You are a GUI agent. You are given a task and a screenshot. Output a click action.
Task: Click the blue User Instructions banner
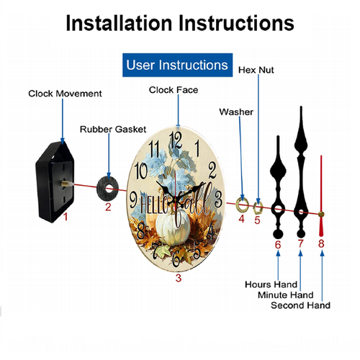pos(177,65)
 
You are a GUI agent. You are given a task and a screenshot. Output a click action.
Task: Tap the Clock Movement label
pos(65,94)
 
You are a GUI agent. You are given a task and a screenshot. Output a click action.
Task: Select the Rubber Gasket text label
pos(113,130)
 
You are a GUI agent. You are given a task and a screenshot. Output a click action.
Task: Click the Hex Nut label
pos(256,70)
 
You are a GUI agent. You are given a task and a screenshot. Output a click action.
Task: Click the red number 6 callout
pos(278,245)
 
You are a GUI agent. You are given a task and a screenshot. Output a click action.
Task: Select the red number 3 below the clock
pos(179,278)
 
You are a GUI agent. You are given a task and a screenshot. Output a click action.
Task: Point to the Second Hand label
pos(300,305)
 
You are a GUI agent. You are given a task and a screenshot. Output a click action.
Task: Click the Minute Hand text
pos(286,295)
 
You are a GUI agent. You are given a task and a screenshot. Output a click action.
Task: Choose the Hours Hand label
pos(271,284)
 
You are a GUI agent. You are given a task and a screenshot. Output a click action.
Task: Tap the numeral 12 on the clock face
pos(176,141)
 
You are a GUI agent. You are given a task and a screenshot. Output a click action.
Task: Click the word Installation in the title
pos(120,23)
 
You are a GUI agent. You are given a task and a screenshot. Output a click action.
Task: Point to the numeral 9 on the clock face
pos(133,199)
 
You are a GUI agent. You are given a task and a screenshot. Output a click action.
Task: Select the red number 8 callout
pos(321,244)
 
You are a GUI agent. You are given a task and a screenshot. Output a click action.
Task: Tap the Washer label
pos(236,112)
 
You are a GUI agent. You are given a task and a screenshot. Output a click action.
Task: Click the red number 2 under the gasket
pos(108,207)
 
